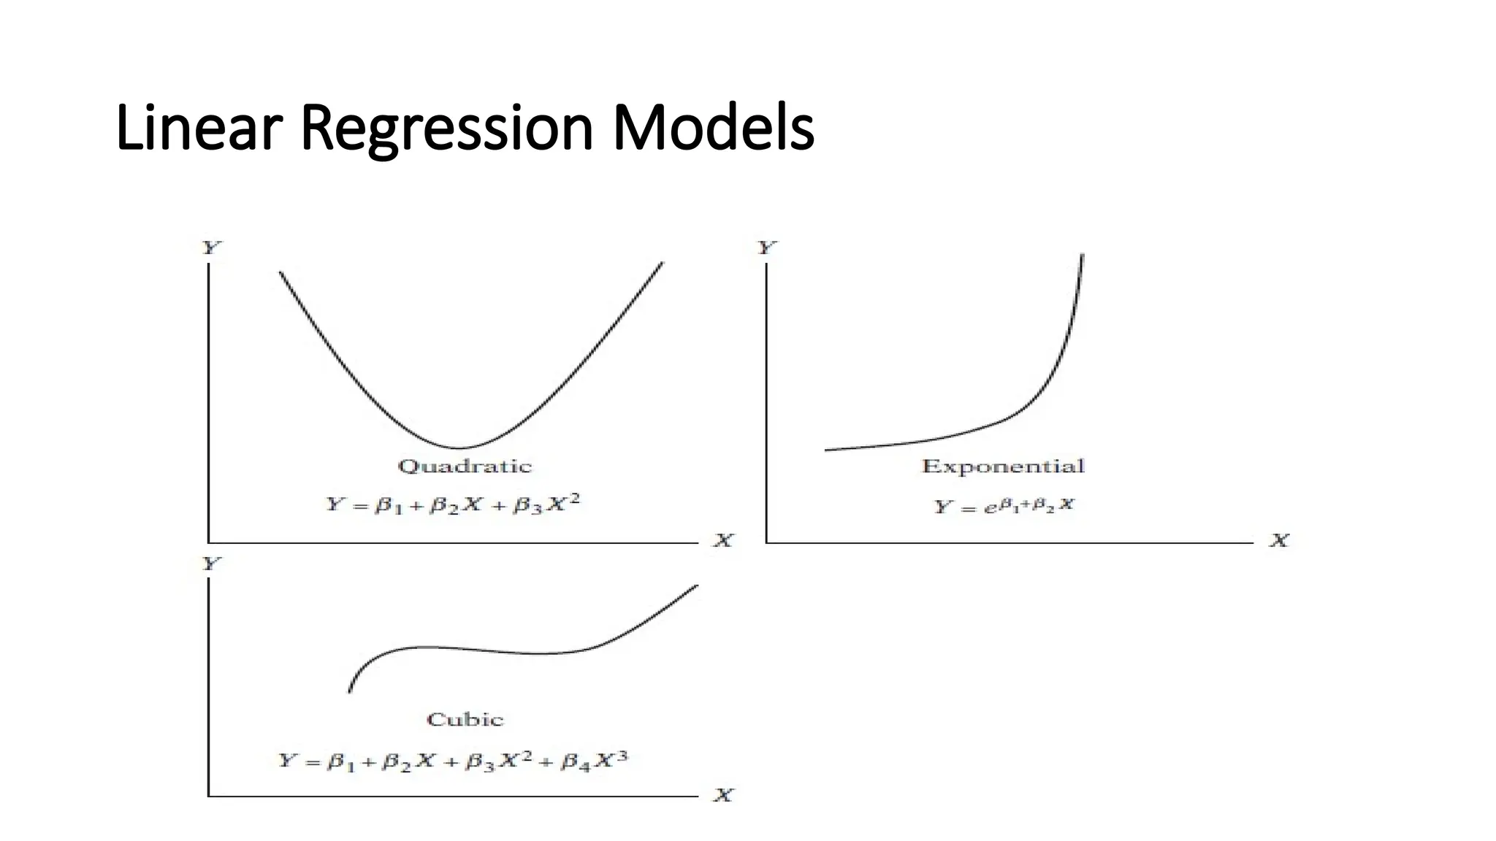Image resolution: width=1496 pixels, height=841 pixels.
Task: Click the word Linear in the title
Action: pos(199,128)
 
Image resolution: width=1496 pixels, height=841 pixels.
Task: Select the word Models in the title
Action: pos(712,128)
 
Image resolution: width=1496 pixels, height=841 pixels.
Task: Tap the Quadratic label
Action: pos(465,466)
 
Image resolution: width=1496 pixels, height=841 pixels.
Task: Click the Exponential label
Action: pos(1003,466)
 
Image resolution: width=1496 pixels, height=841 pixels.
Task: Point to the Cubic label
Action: pos(465,720)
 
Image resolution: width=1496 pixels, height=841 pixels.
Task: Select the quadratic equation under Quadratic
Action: pos(453,504)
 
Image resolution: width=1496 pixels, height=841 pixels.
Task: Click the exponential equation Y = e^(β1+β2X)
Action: pos(1004,505)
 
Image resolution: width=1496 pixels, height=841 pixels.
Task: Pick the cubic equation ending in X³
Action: pos(453,761)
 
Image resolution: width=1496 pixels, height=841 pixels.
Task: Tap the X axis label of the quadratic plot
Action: pos(723,541)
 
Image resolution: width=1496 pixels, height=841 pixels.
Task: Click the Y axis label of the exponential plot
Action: pos(766,248)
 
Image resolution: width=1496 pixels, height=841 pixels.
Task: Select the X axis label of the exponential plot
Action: pos(1279,541)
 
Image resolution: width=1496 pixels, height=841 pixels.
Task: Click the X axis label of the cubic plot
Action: pos(723,795)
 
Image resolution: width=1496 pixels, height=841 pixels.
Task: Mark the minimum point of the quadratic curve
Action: pos(459,448)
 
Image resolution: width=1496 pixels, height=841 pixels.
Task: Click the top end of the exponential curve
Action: pos(1082,256)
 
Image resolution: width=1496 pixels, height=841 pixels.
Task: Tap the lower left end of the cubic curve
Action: pos(349,691)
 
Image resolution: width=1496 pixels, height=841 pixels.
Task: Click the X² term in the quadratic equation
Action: pos(563,503)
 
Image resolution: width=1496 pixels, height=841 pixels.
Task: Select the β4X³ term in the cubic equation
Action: pos(594,761)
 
